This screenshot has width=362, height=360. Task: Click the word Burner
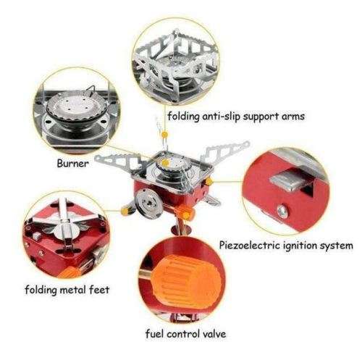pyautogui.click(x=72, y=164)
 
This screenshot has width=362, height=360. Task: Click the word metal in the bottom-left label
pyautogui.click(x=77, y=290)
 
